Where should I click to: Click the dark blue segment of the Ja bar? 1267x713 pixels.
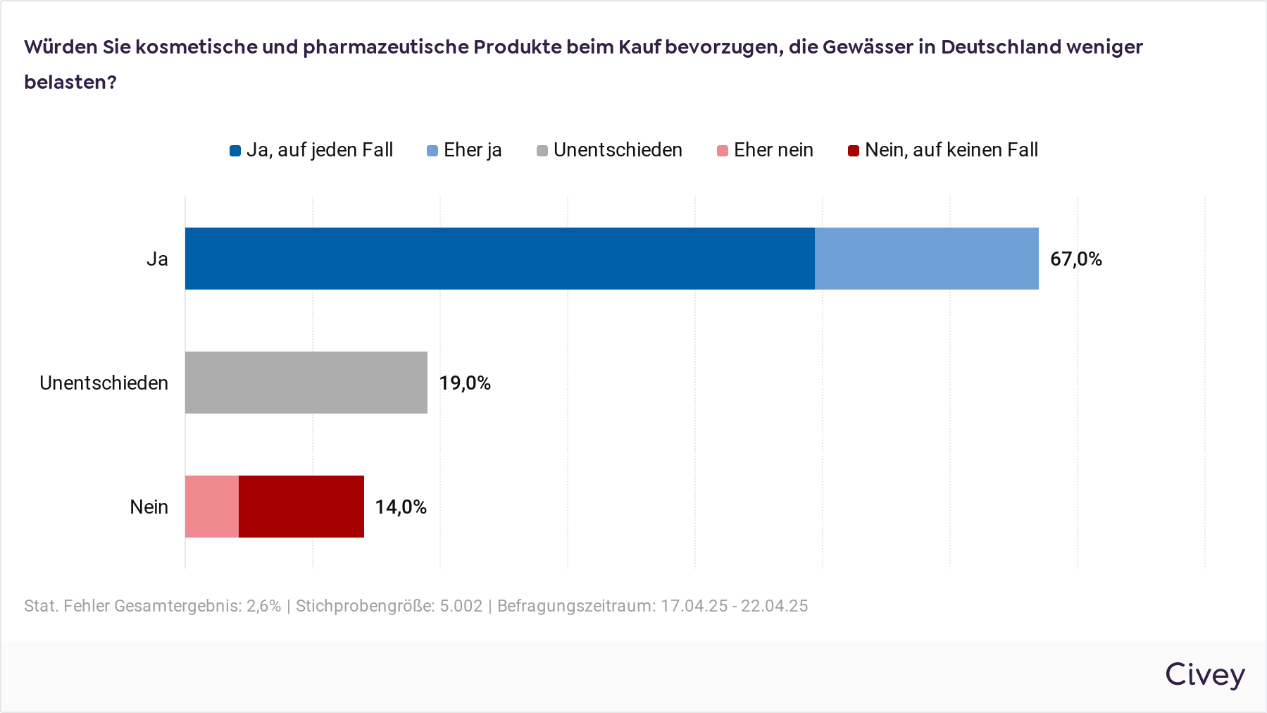point(499,259)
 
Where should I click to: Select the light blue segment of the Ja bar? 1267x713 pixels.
point(926,259)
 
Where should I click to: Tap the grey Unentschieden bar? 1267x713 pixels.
point(306,383)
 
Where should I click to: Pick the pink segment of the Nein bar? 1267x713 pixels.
point(212,507)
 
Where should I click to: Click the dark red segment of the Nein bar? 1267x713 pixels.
point(301,507)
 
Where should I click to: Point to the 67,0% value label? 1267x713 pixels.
point(1075,259)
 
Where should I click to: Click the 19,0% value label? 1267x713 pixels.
point(465,383)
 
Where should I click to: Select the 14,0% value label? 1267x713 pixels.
point(401,507)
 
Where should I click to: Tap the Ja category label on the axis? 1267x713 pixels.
point(157,259)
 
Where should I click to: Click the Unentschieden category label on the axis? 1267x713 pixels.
point(104,383)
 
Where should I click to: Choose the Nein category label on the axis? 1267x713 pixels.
point(149,507)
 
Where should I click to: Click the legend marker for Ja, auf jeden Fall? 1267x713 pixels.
point(235,151)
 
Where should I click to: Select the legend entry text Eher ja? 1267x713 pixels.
point(473,150)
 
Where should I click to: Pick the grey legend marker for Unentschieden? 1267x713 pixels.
point(542,151)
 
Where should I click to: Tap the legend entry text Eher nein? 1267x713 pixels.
point(773,150)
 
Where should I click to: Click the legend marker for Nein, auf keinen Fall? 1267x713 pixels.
point(854,151)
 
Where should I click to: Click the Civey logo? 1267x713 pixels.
point(1204,675)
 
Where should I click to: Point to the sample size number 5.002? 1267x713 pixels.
point(461,606)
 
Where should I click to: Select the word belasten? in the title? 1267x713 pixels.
point(70,82)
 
